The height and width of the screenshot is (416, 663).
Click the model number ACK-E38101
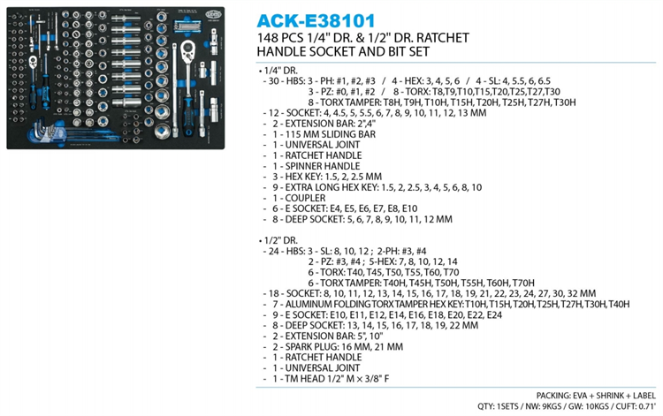tap(316, 20)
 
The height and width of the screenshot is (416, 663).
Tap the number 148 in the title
tap(268, 38)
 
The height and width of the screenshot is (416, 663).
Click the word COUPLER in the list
tap(305, 198)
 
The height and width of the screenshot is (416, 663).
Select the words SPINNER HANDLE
tap(322, 166)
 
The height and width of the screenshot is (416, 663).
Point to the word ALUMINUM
tap(309, 304)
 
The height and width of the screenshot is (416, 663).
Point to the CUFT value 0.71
tap(645, 406)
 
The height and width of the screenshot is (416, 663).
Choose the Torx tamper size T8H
tap(391, 102)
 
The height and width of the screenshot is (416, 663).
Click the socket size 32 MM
tap(581, 293)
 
